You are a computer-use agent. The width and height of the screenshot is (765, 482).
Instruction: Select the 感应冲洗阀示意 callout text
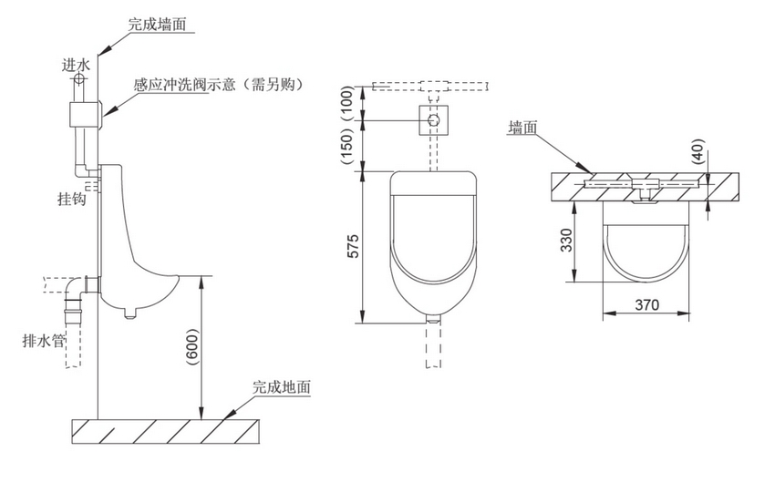click(x=218, y=85)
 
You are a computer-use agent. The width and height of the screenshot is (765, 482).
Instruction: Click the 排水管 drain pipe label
click(x=44, y=342)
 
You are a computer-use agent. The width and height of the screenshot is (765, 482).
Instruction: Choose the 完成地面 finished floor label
click(x=282, y=386)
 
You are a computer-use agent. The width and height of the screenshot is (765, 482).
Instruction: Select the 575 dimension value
click(x=354, y=249)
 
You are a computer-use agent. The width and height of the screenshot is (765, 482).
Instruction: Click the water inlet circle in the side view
click(x=79, y=79)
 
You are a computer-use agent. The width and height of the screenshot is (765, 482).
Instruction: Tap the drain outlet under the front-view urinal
click(x=434, y=320)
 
